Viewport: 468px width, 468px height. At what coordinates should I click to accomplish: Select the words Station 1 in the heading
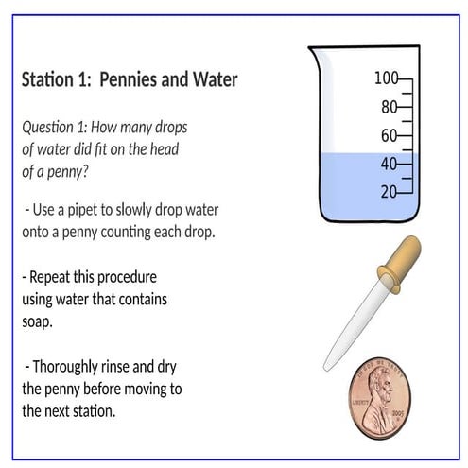pos(56,80)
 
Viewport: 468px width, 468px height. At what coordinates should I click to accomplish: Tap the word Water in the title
pos(216,80)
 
